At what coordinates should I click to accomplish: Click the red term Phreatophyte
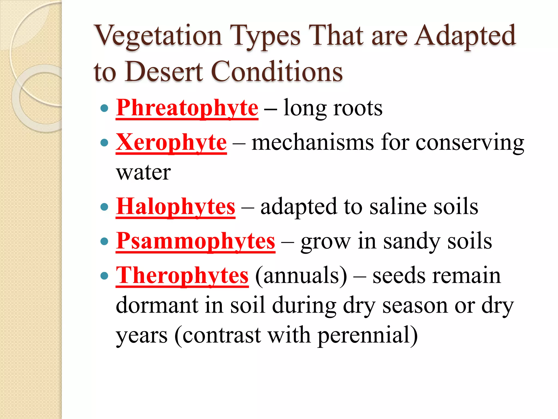(187, 108)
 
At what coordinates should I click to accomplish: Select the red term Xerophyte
(171, 143)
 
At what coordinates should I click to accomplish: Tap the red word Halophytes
(175, 207)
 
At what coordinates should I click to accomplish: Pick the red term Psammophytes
(195, 241)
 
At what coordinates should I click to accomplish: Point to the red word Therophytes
(182, 276)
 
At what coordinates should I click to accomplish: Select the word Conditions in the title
(277, 71)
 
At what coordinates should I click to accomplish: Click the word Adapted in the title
(465, 36)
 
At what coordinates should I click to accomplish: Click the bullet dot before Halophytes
(104, 207)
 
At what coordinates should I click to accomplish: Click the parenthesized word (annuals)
(301, 276)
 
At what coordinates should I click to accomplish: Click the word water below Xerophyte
(143, 173)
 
